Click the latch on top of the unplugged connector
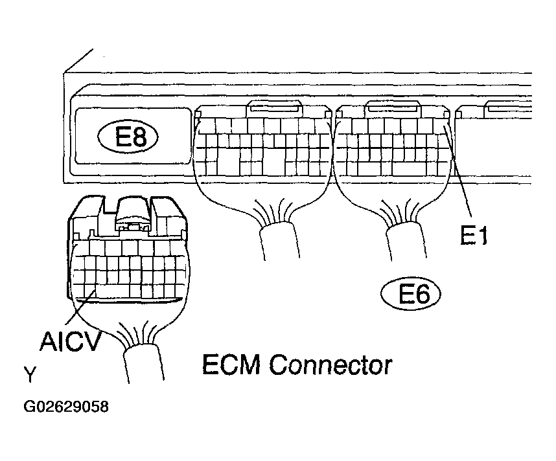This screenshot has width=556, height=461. pyautogui.click(x=133, y=214)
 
